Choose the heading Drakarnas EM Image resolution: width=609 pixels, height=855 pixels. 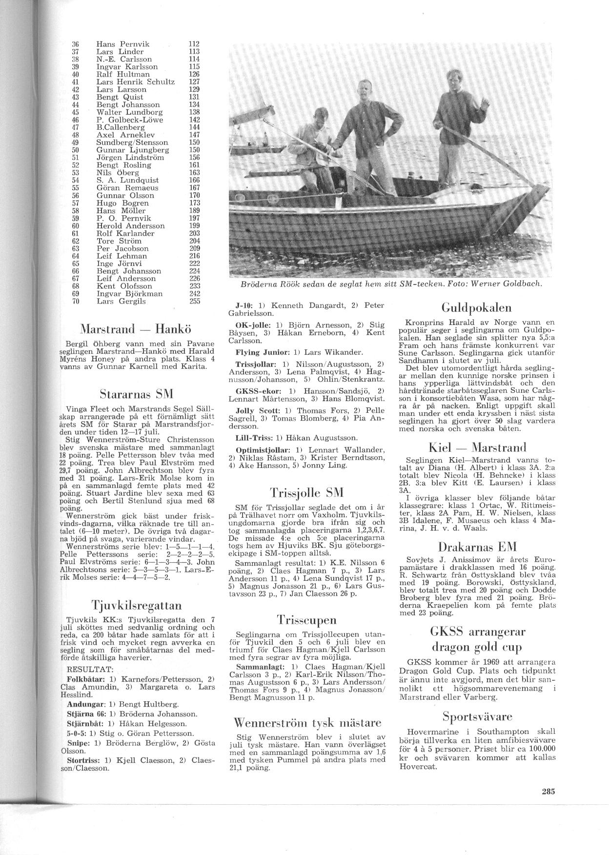pos(477,546)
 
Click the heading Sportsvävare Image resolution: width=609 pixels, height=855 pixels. pos(477,716)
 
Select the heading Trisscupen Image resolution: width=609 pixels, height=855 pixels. pos(306,620)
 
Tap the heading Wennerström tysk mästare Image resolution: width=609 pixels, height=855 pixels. pos(307,722)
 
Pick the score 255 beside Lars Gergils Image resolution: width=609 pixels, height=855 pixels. pos(194,302)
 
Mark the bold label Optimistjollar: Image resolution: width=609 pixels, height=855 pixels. pos(257,449)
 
